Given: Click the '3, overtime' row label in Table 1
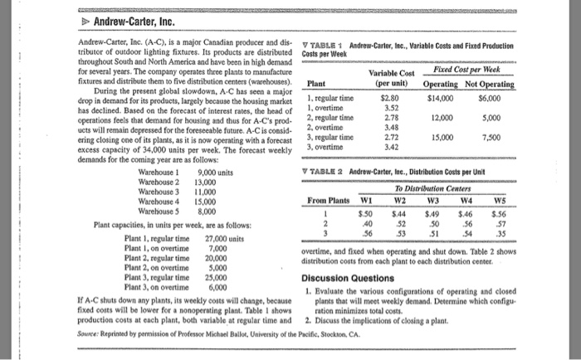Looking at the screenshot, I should pos(329,147).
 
